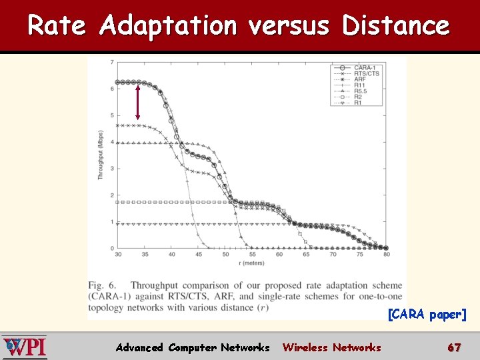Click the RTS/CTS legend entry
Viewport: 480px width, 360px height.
click(x=367, y=74)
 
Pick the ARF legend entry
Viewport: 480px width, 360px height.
click(x=360, y=79)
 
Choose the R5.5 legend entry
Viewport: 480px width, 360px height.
click(x=361, y=91)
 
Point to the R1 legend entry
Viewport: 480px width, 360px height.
click(x=358, y=103)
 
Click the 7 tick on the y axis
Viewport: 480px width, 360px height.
click(x=112, y=62)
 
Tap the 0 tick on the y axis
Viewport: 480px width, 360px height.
click(x=112, y=248)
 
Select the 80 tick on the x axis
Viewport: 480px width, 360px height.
click(x=386, y=255)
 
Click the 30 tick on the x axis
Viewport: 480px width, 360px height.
click(x=118, y=255)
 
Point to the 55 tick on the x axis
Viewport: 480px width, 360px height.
click(x=252, y=255)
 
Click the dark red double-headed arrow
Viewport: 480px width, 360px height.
click(x=137, y=101)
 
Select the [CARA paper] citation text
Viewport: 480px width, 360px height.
click(x=427, y=314)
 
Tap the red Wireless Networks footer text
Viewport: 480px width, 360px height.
click(x=331, y=347)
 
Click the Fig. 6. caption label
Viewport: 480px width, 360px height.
click(x=105, y=285)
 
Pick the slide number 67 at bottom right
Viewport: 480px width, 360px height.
click(x=454, y=347)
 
